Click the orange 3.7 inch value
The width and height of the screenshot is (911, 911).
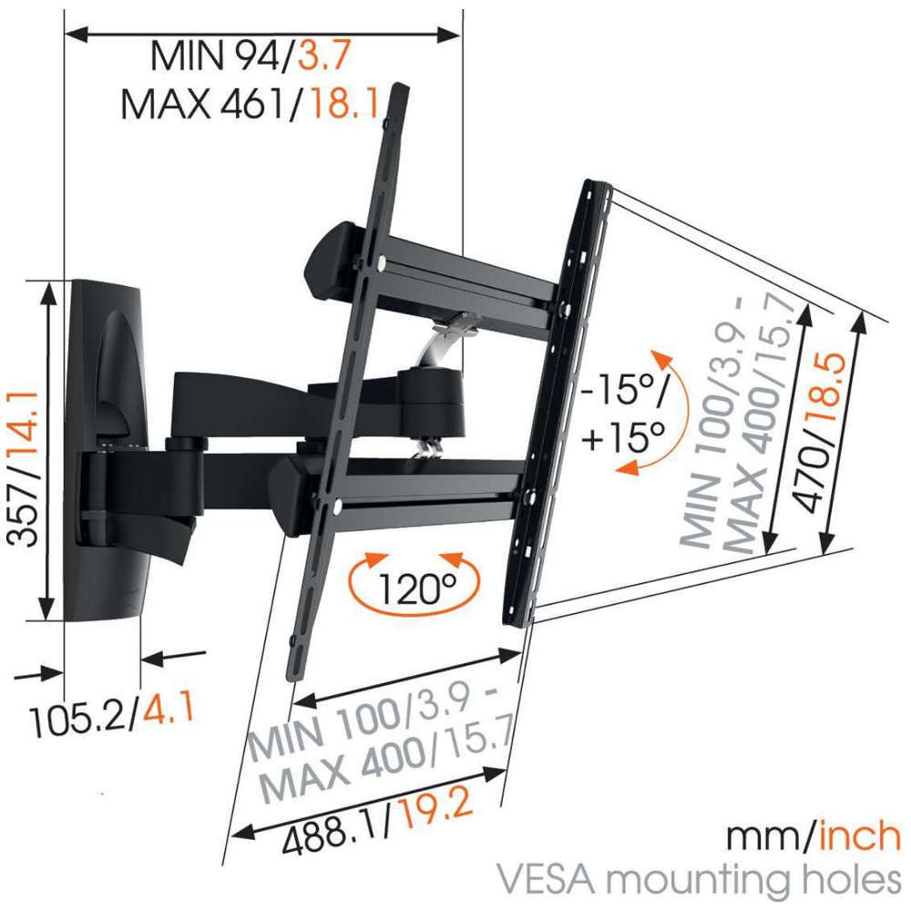point(324,56)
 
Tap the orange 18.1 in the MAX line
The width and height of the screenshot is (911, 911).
point(345,104)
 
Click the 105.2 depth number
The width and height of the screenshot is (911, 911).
point(77,721)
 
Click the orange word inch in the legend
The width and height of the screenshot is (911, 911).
point(860,836)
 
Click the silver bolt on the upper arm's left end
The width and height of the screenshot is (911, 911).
point(381,263)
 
